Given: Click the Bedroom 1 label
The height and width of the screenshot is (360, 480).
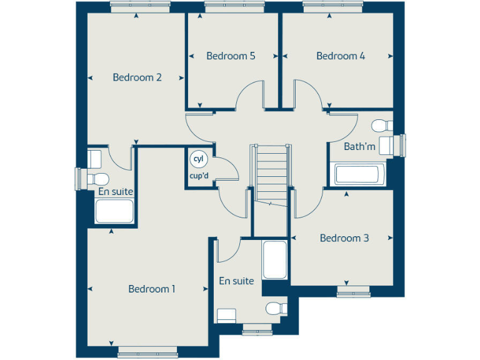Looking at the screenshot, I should point(152,289).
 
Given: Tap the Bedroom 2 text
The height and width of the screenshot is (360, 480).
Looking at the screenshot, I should point(137,77).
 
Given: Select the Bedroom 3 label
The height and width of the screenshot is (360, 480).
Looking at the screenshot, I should point(344,238).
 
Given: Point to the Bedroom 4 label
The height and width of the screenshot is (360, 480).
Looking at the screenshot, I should point(341,56).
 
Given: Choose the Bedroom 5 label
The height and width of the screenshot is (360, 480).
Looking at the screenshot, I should point(231,56).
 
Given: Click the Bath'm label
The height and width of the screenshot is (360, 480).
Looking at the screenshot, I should point(360,147).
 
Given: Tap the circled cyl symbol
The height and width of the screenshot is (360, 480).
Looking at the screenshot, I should point(199,159).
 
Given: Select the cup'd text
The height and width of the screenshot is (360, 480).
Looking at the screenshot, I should point(199,175).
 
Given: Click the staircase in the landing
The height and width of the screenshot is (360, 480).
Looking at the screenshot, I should point(271,174).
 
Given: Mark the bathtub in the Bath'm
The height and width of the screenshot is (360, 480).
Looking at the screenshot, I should point(357,174).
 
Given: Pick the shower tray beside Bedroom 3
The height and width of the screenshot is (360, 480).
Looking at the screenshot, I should point(275,259).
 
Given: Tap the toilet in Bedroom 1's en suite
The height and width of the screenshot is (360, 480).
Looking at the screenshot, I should point(276,308).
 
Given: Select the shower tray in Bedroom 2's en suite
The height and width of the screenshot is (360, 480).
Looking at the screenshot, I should point(114,211).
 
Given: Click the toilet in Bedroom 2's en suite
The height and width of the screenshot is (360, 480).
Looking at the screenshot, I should point(98,179).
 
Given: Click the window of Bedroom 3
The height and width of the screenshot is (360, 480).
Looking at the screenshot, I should point(354,291).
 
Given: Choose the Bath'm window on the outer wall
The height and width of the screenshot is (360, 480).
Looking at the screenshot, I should point(403,146).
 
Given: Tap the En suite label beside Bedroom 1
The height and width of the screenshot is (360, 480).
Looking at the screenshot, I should point(236,281).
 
